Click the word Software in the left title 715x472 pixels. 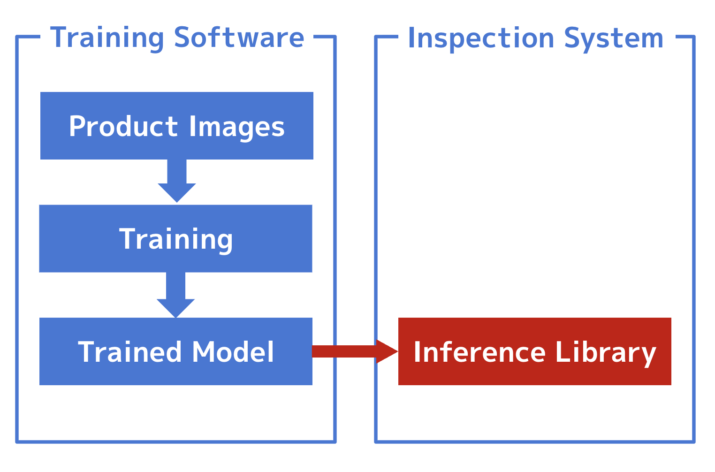(239, 38)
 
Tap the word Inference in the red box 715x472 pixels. (479, 352)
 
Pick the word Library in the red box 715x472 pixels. (605, 352)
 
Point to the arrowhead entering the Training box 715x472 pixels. (177, 195)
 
